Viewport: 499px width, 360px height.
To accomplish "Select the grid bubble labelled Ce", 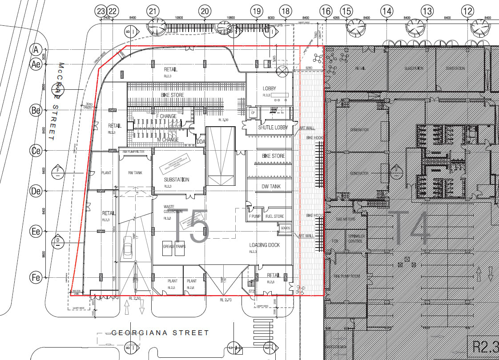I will tap(36, 151).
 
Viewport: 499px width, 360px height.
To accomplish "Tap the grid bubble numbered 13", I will tap(427, 12).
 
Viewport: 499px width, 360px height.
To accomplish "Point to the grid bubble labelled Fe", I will tap(36, 277).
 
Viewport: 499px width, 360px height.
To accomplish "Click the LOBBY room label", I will tap(269, 88).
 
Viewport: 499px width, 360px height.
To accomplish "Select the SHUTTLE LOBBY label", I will tap(273, 128).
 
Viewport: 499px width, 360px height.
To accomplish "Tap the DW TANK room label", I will tap(271, 187).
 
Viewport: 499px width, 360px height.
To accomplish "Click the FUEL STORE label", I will tap(274, 216).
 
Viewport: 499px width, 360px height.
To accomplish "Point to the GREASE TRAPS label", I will tap(174, 246).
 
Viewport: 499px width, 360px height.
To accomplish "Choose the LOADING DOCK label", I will tap(264, 245).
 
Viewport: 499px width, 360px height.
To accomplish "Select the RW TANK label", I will tap(135, 172).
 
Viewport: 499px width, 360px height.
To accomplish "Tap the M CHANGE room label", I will tap(168, 140).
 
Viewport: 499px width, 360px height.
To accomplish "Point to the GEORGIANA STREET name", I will tap(160, 332).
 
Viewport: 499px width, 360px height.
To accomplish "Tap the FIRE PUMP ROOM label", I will tap(346, 276).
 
